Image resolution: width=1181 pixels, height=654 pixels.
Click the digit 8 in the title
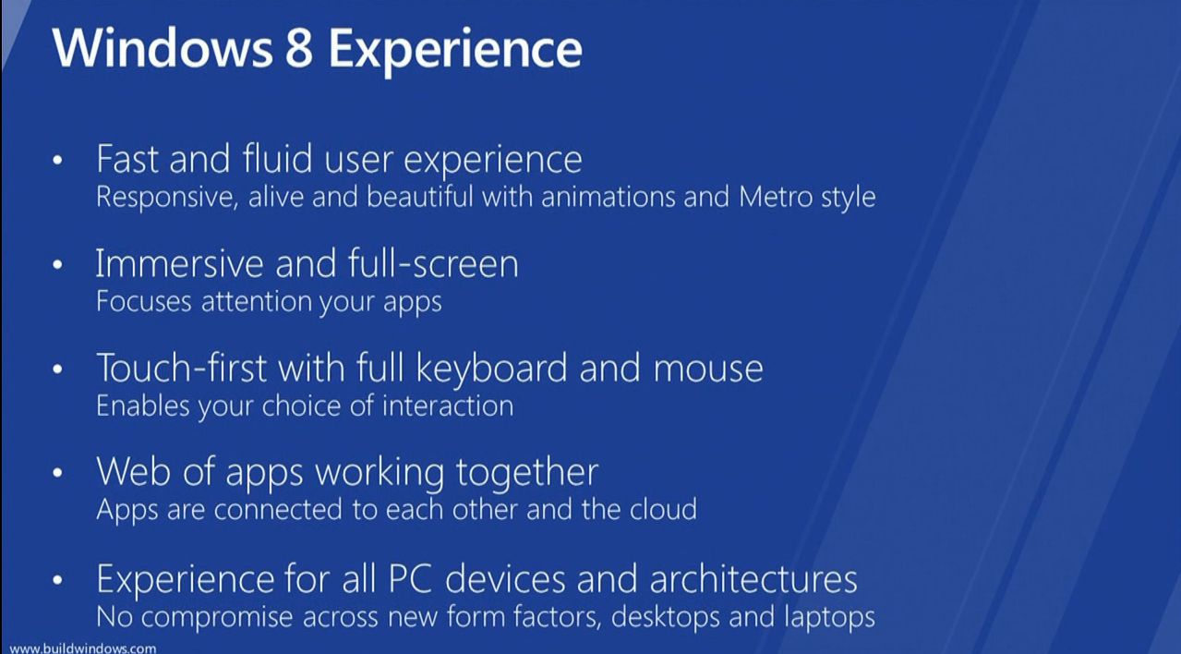[299, 49]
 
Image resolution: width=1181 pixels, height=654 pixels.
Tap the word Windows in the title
[162, 48]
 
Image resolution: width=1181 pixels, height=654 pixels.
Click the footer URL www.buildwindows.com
[83, 648]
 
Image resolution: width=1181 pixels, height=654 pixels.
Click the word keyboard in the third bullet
[491, 369]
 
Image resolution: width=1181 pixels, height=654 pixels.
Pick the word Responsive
[165, 198]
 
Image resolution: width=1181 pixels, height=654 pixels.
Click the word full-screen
[433, 263]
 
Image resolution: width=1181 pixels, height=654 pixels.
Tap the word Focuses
[143, 302]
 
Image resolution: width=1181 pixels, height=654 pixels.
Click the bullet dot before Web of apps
[57, 473]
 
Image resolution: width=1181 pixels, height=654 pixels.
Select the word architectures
[753, 579]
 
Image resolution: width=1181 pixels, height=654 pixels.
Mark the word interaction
[448, 406]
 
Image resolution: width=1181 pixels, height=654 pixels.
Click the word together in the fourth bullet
[527, 473]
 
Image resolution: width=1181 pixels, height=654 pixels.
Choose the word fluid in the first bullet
[277, 158]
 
